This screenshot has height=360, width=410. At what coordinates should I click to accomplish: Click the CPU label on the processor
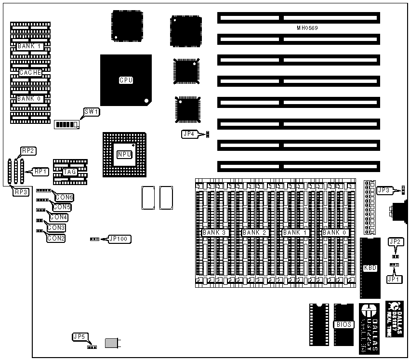pos(126,80)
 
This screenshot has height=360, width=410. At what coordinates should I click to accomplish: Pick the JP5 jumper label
pos(79,337)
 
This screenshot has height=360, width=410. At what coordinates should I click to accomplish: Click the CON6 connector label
pos(64,197)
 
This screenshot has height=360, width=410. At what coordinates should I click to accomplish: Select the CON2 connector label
pos(56,238)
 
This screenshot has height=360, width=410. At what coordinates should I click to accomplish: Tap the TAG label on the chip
pos(70,172)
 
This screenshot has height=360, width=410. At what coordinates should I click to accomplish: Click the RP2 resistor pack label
pos(28,151)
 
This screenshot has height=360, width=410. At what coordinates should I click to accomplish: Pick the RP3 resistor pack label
pos(21,192)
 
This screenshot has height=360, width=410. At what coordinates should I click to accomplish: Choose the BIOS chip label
pos(344,324)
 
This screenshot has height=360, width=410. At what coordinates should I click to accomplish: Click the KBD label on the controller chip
pos(370,268)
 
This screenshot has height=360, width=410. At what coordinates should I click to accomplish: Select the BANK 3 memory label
pos(215,233)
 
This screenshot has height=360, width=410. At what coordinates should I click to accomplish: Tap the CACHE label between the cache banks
pos(30,73)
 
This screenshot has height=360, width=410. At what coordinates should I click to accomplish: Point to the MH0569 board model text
pos(307,28)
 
